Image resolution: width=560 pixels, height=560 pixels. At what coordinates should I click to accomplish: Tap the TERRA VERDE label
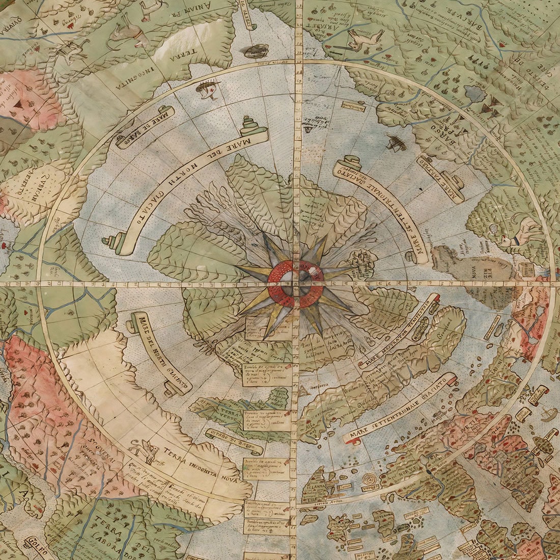(224, 412)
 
